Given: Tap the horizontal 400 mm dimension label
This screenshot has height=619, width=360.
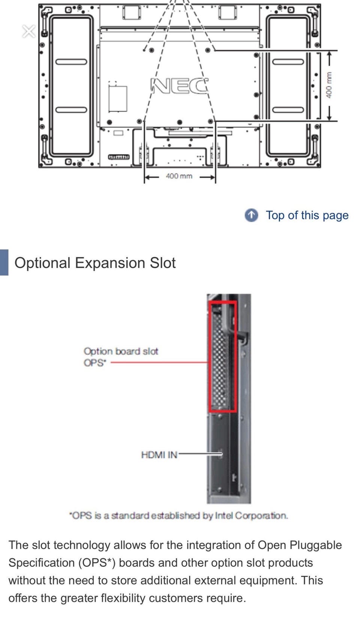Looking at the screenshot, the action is tap(179, 176).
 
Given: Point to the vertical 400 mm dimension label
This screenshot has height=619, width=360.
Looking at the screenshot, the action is tap(328, 85).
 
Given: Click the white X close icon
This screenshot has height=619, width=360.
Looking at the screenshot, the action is tap(29, 31).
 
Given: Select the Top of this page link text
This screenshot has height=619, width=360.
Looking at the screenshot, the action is tap(307, 215).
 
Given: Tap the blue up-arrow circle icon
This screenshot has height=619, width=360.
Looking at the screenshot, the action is tap(251, 215).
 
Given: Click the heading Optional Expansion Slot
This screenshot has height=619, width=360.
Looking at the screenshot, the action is tap(95, 263).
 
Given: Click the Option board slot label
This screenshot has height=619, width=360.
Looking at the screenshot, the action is tap(121, 351).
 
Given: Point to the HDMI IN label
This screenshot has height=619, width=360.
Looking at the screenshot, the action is tap(159, 455).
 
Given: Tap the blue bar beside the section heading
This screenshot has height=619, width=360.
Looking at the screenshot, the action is tap(4, 263).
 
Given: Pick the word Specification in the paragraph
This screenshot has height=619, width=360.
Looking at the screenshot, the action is tap(42, 563).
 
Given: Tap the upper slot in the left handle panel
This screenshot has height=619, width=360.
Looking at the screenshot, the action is tap(71, 62).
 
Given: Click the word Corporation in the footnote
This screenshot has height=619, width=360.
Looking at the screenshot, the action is tap(261, 516).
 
